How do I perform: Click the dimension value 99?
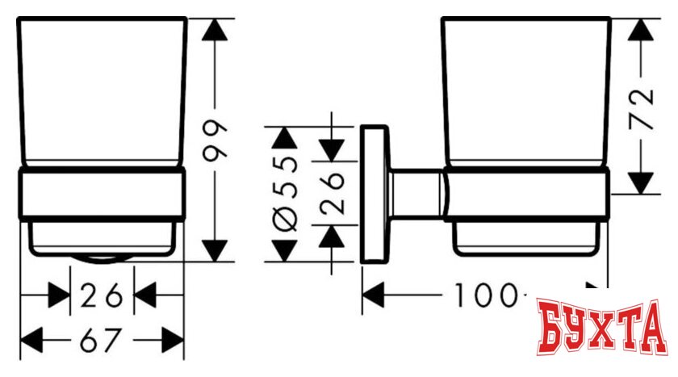click(216, 142)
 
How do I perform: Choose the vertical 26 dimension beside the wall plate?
click(333, 194)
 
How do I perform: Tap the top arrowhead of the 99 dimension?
click(214, 31)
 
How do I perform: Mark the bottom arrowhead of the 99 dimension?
click(214, 249)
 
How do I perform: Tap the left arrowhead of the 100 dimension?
click(373, 297)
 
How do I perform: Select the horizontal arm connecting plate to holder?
click(415, 194)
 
